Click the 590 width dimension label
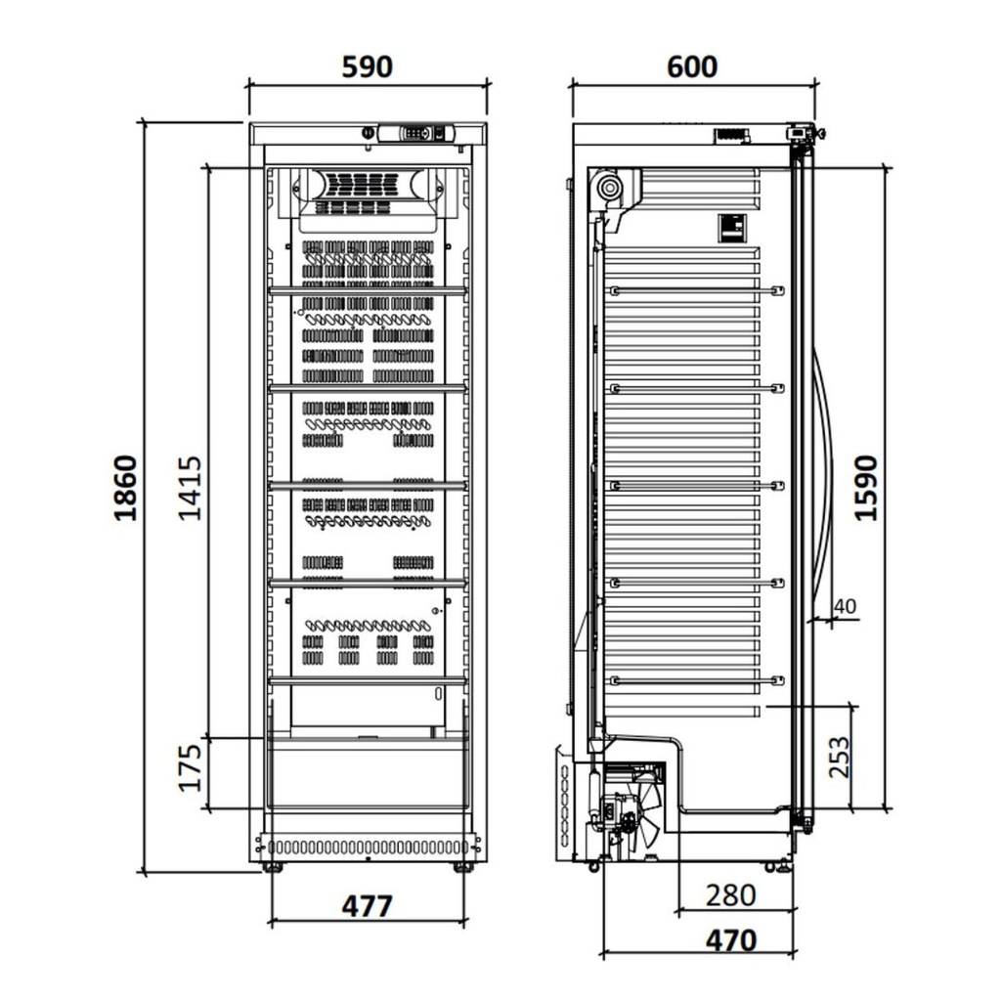[x=367, y=66]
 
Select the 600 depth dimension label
[x=692, y=66]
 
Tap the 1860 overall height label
[x=125, y=487]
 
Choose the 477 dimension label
[x=367, y=906]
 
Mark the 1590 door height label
[x=866, y=487]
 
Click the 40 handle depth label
[x=844, y=606]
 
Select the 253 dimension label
[x=839, y=757]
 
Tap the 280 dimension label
[x=730, y=894]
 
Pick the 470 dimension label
[x=730, y=940]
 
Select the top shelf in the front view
[x=368, y=289]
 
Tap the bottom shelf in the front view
[x=368, y=679]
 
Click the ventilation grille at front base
[x=368, y=847]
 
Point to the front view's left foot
[x=273, y=867]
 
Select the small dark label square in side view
[x=731, y=228]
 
